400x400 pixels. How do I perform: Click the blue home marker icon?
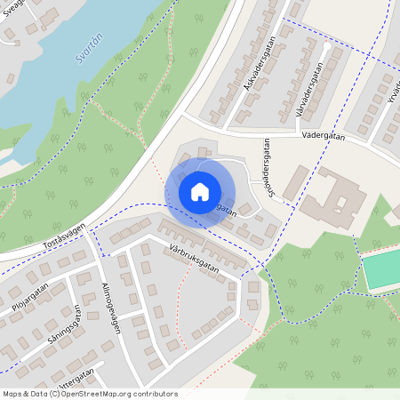[200, 191]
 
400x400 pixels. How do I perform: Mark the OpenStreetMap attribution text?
[89, 393]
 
